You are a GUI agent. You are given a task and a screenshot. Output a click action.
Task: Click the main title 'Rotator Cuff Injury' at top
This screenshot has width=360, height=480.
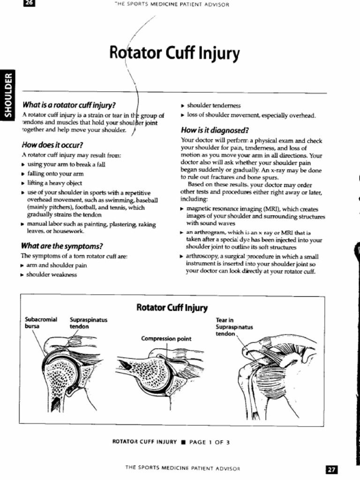(174, 54)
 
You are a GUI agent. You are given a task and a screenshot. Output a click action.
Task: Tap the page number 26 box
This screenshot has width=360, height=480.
(29, 4)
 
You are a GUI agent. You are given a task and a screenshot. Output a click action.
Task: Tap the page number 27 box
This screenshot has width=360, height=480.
(331, 470)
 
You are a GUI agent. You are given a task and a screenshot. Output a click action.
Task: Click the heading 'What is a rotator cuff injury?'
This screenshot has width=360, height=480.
(69, 105)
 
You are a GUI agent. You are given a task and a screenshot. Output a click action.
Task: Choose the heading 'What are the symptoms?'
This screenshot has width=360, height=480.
(62, 246)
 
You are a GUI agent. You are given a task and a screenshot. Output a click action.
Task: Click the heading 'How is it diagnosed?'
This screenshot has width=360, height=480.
(214, 130)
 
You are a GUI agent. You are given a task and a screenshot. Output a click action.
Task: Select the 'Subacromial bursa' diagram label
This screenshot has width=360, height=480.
(41, 323)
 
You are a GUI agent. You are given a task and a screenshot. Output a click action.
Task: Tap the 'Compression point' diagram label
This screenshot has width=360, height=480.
(166, 338)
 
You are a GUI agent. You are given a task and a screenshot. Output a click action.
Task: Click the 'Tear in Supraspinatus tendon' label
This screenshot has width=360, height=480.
(234, 327)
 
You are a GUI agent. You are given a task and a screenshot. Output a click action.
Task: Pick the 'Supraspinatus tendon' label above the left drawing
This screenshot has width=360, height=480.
(89, 323)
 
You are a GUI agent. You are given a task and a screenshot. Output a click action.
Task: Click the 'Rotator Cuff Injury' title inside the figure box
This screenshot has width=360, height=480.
(172, 307)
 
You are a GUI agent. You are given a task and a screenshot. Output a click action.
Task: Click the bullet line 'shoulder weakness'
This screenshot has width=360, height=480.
(51, 275)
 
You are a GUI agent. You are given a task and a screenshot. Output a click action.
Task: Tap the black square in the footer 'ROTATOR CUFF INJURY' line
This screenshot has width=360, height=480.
(183, 442)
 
